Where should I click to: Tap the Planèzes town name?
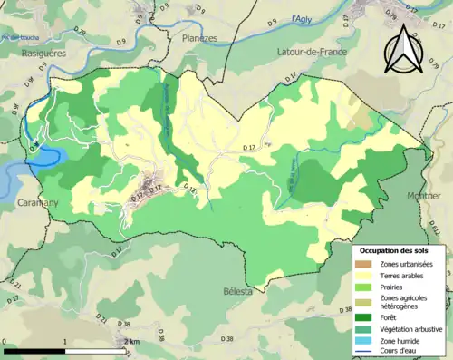tap(199, 39)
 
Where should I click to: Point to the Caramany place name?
tap(37, 203)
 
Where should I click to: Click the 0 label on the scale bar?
tap(5, 341)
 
